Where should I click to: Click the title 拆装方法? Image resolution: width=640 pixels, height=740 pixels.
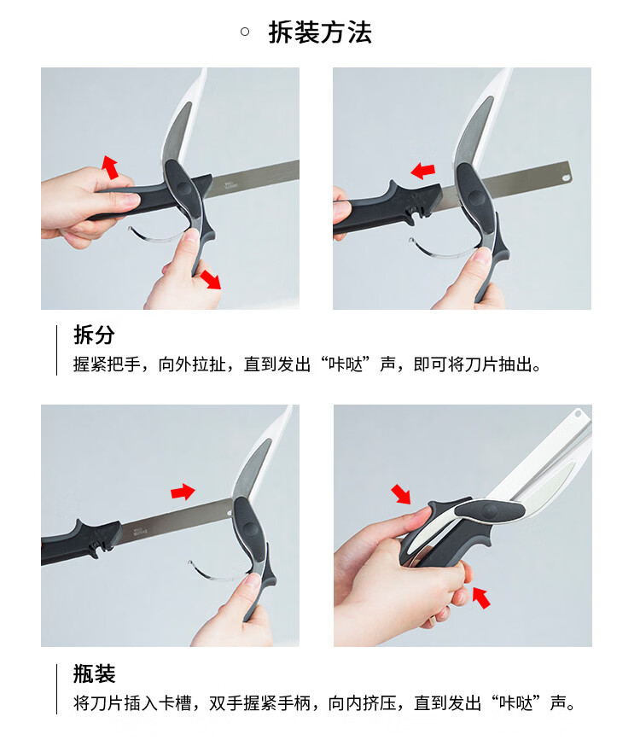coord(320,32)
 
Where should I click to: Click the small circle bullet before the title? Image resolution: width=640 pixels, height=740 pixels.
coord(245,32)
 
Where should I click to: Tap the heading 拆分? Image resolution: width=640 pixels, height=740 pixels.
coord(95,335)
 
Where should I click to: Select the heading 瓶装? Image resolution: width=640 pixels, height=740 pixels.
coord(95,673)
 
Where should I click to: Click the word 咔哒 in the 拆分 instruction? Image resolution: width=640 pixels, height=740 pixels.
coord(346,364)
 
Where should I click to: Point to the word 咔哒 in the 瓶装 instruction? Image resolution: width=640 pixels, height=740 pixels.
coord(516,703)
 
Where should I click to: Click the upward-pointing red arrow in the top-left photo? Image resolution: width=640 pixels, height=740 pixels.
coord(110,167)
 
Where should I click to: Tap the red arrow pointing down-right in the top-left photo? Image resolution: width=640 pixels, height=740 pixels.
coord(211,279)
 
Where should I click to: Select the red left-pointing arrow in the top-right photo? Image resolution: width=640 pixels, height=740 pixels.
coord(423,171)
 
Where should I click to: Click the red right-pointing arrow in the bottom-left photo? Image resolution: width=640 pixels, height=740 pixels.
coord(183,492)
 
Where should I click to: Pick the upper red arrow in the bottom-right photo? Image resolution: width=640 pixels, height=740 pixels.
coord(401,494)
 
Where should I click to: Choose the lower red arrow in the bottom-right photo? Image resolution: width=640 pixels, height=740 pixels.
coord(481,597)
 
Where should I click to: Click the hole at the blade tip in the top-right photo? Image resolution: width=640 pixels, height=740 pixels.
coord(566,178)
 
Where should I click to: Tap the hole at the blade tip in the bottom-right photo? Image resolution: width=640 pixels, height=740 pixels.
coord(579,413)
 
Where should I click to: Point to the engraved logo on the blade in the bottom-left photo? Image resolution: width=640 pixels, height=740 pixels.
coord(140,531)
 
